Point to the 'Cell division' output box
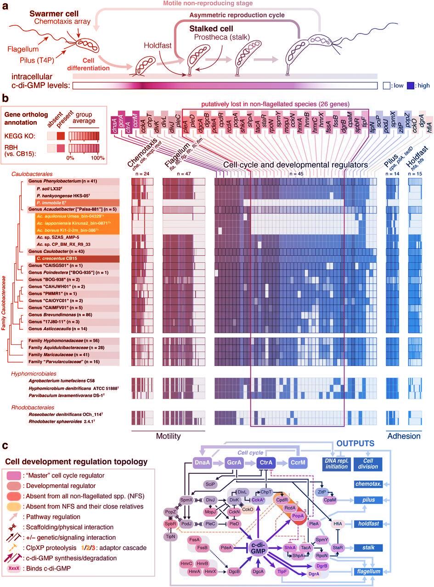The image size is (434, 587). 366,464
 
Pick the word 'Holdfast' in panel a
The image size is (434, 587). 157,45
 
